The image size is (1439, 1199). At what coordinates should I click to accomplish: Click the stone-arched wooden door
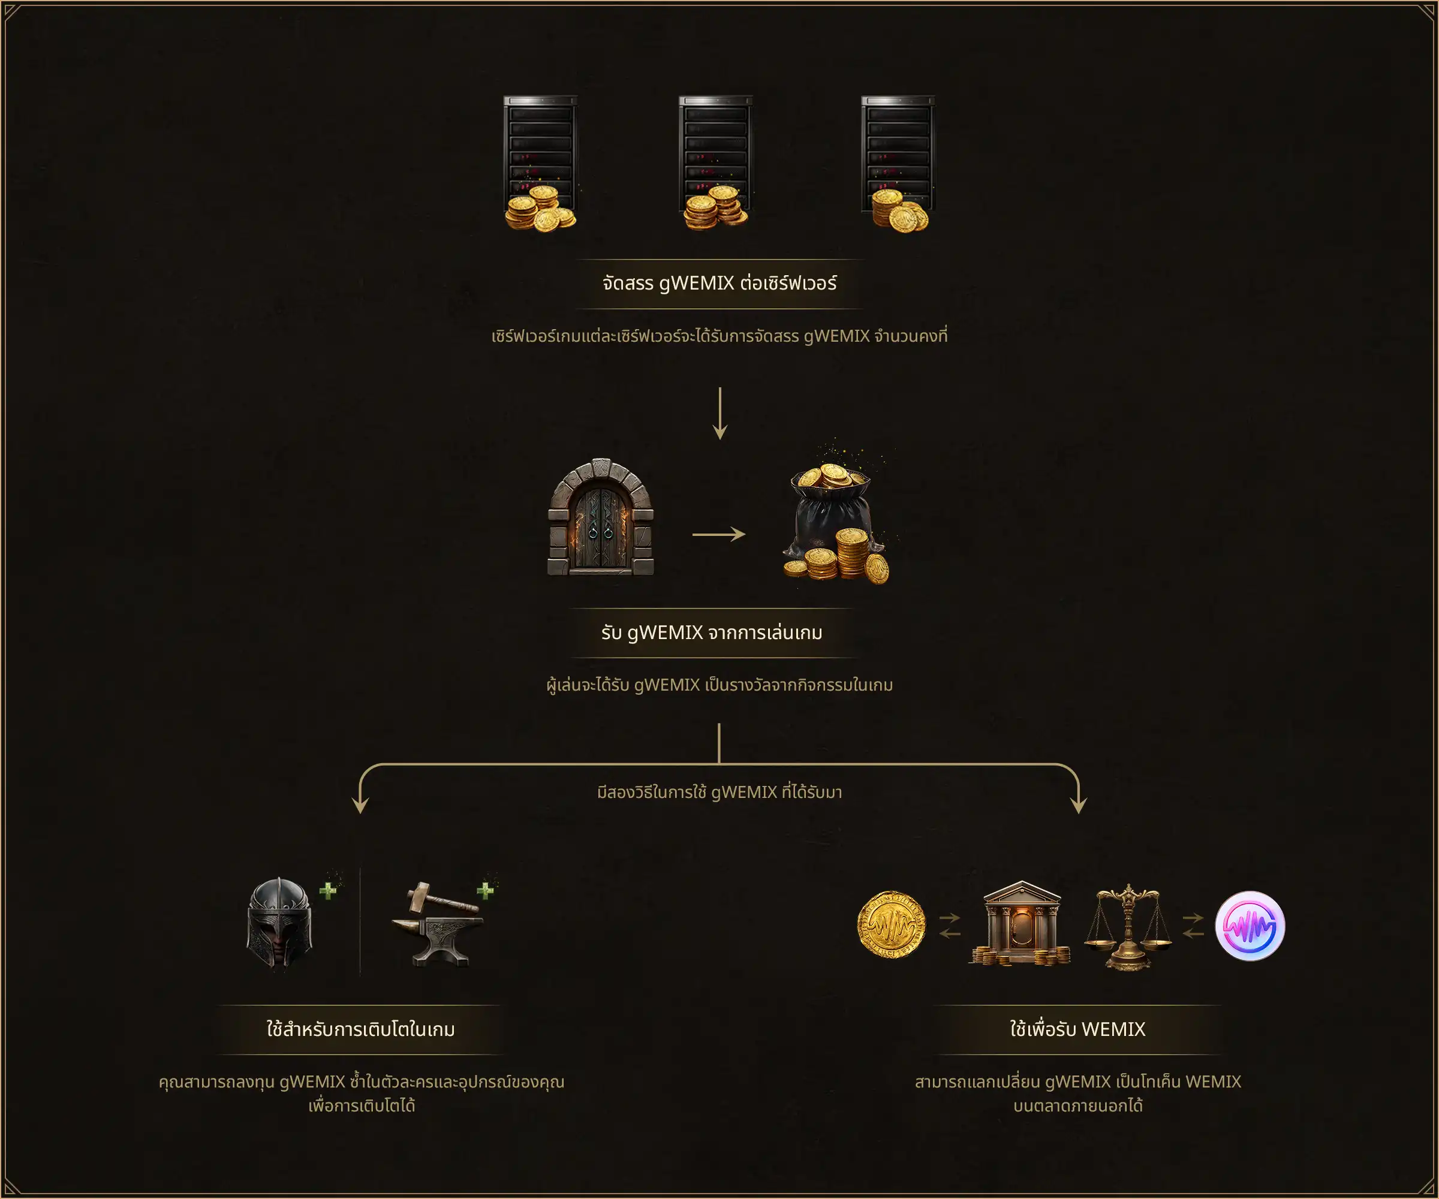click(601, 517)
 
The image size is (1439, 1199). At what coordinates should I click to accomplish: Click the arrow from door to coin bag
click(719, 534)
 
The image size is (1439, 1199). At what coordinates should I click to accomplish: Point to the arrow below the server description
click(719, 413)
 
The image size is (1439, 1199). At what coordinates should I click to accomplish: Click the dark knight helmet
click(279, 922)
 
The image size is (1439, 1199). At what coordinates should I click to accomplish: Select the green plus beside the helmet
click(328, 890)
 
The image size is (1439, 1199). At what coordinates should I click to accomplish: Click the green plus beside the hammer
click(485, 890)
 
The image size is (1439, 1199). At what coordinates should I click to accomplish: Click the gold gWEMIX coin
click(892, 924)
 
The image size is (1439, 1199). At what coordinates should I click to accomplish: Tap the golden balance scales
click(1128, 927)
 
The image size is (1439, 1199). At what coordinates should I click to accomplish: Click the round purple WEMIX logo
click(1250, 926)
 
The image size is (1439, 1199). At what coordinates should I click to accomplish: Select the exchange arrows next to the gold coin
click(950, 926)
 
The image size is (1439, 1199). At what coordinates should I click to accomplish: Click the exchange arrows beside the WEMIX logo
click(1193, 926)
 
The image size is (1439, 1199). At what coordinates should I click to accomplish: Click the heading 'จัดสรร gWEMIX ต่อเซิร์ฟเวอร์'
click(719, 283)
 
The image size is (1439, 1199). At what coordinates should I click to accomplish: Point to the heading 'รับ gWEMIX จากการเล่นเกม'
click(712, 632)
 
